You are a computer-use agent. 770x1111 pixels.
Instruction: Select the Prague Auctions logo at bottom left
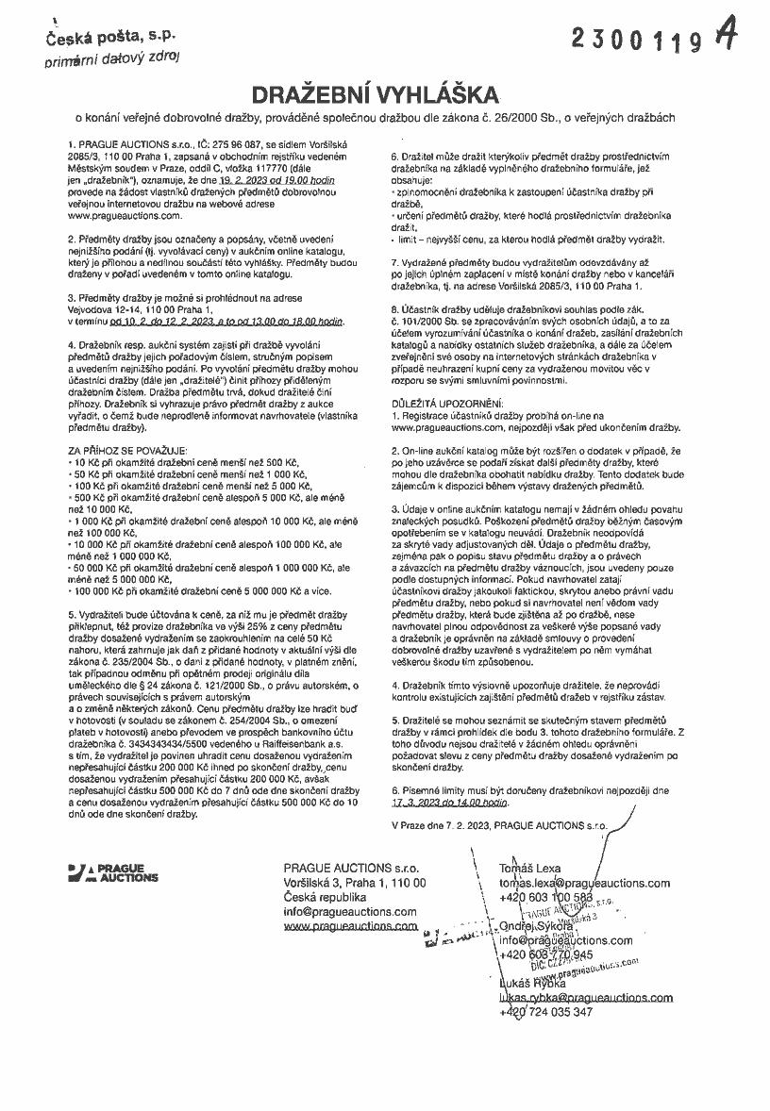coord(113,873)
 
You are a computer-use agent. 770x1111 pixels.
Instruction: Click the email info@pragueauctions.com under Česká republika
coord(350,912)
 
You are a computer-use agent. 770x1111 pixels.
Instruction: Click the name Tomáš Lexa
coord(531,867)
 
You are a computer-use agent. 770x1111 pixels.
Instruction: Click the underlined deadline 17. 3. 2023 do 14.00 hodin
coord(449,804)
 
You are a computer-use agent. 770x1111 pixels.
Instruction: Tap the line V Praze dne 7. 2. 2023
coord(444,825)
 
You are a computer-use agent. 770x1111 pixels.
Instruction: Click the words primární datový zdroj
coord(113,60)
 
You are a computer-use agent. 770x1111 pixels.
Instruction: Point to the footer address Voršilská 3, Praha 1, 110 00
coord(356,882)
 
